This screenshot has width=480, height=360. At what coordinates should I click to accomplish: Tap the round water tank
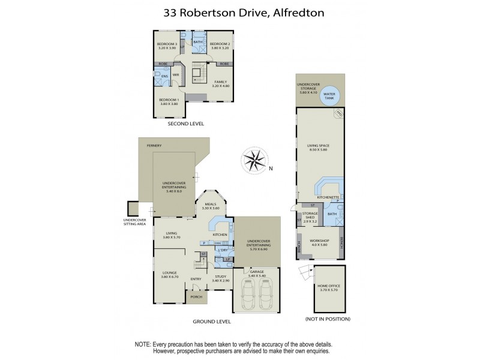point(329,97)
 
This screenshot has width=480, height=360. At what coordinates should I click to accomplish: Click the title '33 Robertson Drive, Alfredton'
point(239,11)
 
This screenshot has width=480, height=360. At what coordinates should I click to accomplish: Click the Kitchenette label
point(328,197)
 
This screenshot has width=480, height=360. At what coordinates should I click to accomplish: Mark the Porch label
point(196,297)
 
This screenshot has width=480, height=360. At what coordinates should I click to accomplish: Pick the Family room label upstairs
point(221,83)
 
